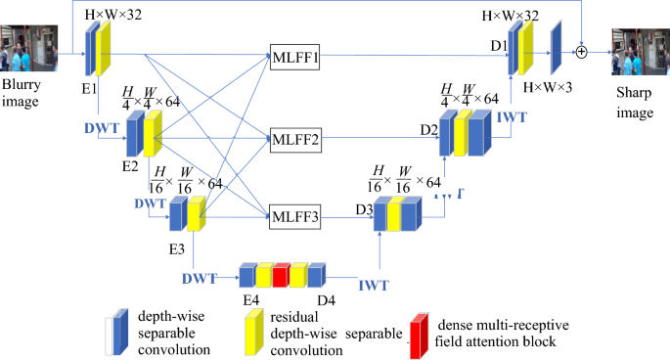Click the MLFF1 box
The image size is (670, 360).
pos(294,58)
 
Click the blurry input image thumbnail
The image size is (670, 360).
pos(36,46)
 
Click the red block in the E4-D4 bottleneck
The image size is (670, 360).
pos(279,275)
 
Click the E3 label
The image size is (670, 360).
pos(176,247)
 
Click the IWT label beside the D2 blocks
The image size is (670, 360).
pos(512,117)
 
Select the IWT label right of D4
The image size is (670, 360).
pos(376,286)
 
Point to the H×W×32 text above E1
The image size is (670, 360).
pos(120,13)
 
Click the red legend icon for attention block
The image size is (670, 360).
pos(420,330)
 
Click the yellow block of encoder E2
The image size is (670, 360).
pos(152,133)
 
